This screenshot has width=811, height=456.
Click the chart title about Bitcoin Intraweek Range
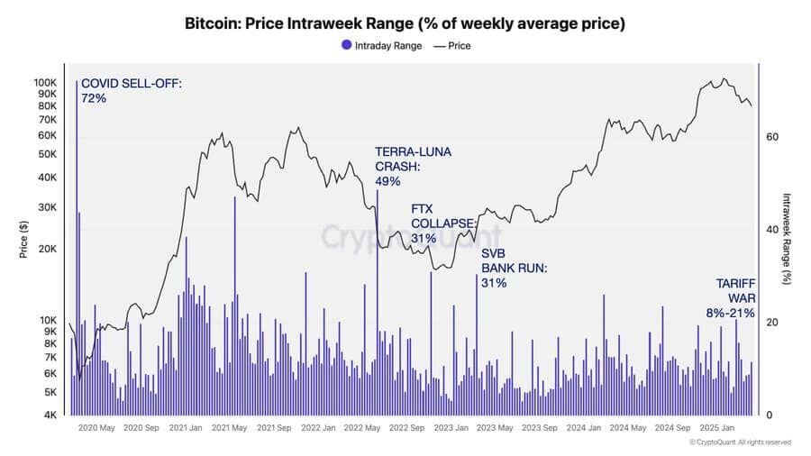coord(405,22)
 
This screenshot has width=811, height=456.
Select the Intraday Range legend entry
coord(380,45)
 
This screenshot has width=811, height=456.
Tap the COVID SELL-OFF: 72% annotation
coord(131,90)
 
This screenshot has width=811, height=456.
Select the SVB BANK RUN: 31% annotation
coord(514,268)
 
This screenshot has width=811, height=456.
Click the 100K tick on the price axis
coord(46,82)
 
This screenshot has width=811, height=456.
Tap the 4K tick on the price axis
coord(51,415)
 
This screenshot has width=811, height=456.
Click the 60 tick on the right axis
coord(771,137)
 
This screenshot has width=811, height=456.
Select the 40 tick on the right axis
coord(771,230)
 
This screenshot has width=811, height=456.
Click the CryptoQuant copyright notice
coord(739,442)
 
